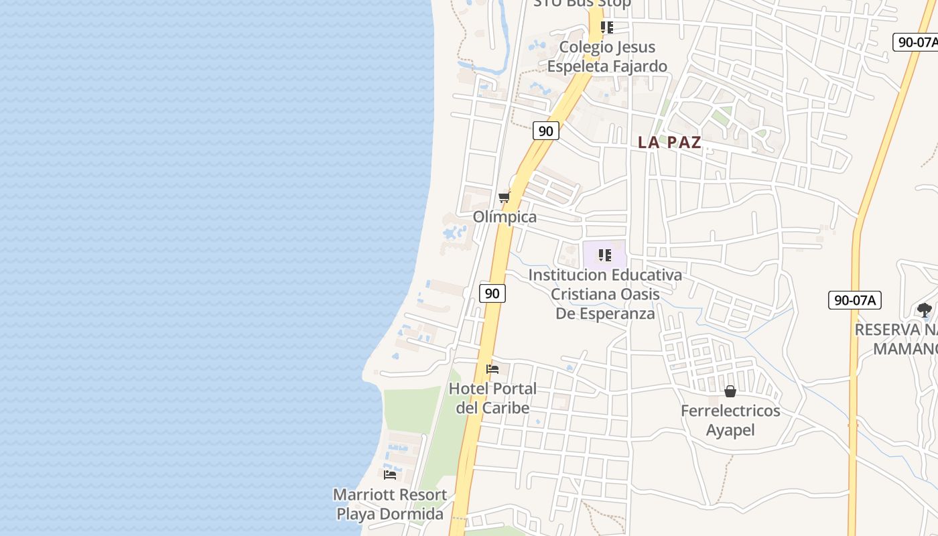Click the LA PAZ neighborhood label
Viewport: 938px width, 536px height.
point(669,142)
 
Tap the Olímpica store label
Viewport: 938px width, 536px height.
point(505,217)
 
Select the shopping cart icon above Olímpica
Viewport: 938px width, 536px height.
point(504,197)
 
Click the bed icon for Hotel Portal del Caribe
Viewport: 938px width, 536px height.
point(492,368)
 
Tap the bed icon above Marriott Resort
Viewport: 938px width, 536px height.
point(390,474)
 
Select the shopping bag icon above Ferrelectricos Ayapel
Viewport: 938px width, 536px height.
point(730,391)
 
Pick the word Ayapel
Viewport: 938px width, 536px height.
point(730,430)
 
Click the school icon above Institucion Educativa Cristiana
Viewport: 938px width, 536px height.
point(605,255)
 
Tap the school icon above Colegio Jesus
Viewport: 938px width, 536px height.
point(606,27)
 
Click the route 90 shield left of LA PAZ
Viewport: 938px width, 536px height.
point(546,131)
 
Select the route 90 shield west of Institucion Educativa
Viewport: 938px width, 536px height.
point(492,293)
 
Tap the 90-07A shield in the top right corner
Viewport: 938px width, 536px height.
point(917,42)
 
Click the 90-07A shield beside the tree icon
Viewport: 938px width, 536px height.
point(854,299)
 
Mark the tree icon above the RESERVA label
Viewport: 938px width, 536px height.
point(925,310)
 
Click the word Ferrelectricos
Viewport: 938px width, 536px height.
point(730,411)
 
